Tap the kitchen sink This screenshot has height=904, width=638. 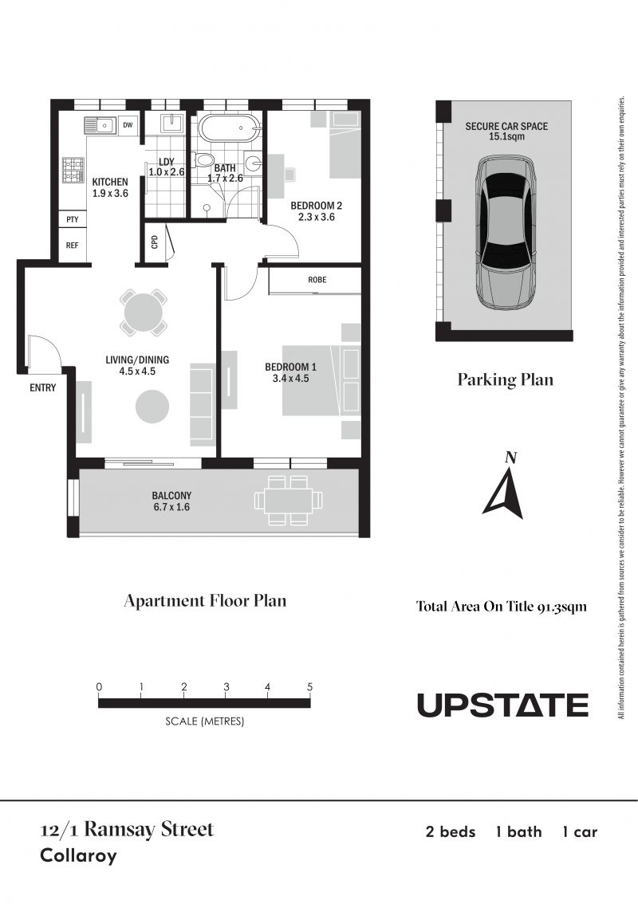coord(100,124)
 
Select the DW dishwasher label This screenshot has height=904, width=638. coord(128,125)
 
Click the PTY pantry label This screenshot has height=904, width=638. coord(72,220)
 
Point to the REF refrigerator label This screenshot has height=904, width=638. coord(72,246)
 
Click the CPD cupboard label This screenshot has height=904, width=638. coord(155,242)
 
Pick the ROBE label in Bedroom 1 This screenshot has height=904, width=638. coord(317,280)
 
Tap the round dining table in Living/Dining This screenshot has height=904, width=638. coord(144,313)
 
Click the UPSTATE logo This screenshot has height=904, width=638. coord(502,705)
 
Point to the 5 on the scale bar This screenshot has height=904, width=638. coord(309,686)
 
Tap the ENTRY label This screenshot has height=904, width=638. coord(43,388)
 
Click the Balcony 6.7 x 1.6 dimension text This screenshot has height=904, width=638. coord(171,507)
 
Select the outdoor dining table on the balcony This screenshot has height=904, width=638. coord(287,501)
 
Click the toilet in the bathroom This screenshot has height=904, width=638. coord(203,159)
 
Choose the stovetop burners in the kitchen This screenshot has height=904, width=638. coord(73,170)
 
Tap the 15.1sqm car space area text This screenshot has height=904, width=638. coord(506,136)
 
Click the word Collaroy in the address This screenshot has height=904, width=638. coord(78,855)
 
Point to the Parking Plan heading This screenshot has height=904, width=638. coord(506,379)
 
